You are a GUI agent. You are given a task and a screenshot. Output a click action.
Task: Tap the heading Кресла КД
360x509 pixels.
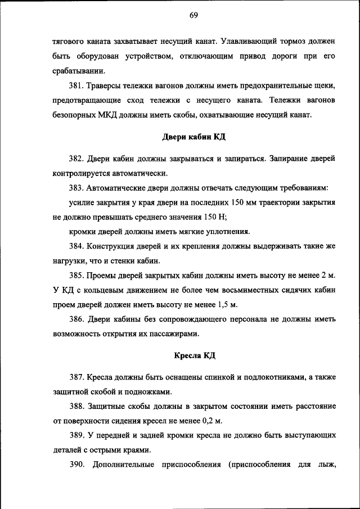pos(194,355)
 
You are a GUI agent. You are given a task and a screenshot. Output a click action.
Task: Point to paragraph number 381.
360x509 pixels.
pos(77,85)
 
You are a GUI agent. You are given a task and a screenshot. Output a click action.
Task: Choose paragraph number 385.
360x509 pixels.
pos(77,276)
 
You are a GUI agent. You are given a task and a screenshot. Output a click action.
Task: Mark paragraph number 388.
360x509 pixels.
pos(77,406)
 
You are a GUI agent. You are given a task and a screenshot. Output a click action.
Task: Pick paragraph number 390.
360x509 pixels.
pos(77,465)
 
